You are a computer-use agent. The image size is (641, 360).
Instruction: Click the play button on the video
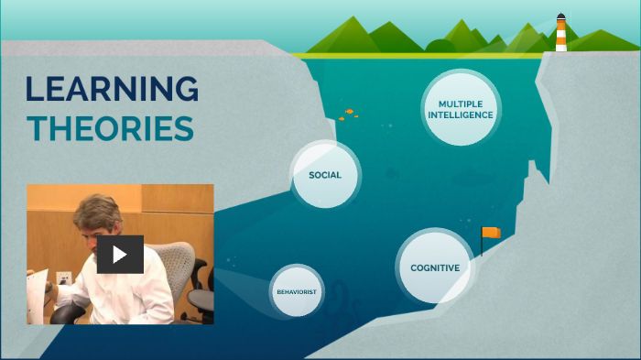(120, 254)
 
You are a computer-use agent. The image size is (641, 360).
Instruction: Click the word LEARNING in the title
(112, 90)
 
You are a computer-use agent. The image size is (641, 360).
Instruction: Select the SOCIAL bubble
(325, 175)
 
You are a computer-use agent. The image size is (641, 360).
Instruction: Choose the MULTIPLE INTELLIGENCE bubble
(461, 110)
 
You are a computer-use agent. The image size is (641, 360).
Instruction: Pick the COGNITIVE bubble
(435, 267)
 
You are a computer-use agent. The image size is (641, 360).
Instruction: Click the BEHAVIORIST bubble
(297, 291)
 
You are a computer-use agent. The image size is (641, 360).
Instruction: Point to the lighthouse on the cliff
(560, 33)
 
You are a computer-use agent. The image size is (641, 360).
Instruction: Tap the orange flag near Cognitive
(493, 233)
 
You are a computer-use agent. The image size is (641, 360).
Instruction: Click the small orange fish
(349, 112)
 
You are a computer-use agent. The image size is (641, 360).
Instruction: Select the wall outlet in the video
(64, 278)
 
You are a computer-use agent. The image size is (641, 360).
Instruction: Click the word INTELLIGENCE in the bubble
(461, 115)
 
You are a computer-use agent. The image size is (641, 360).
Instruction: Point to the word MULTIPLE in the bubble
(461, 104)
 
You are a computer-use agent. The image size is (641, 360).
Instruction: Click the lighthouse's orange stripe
(560, 36)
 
